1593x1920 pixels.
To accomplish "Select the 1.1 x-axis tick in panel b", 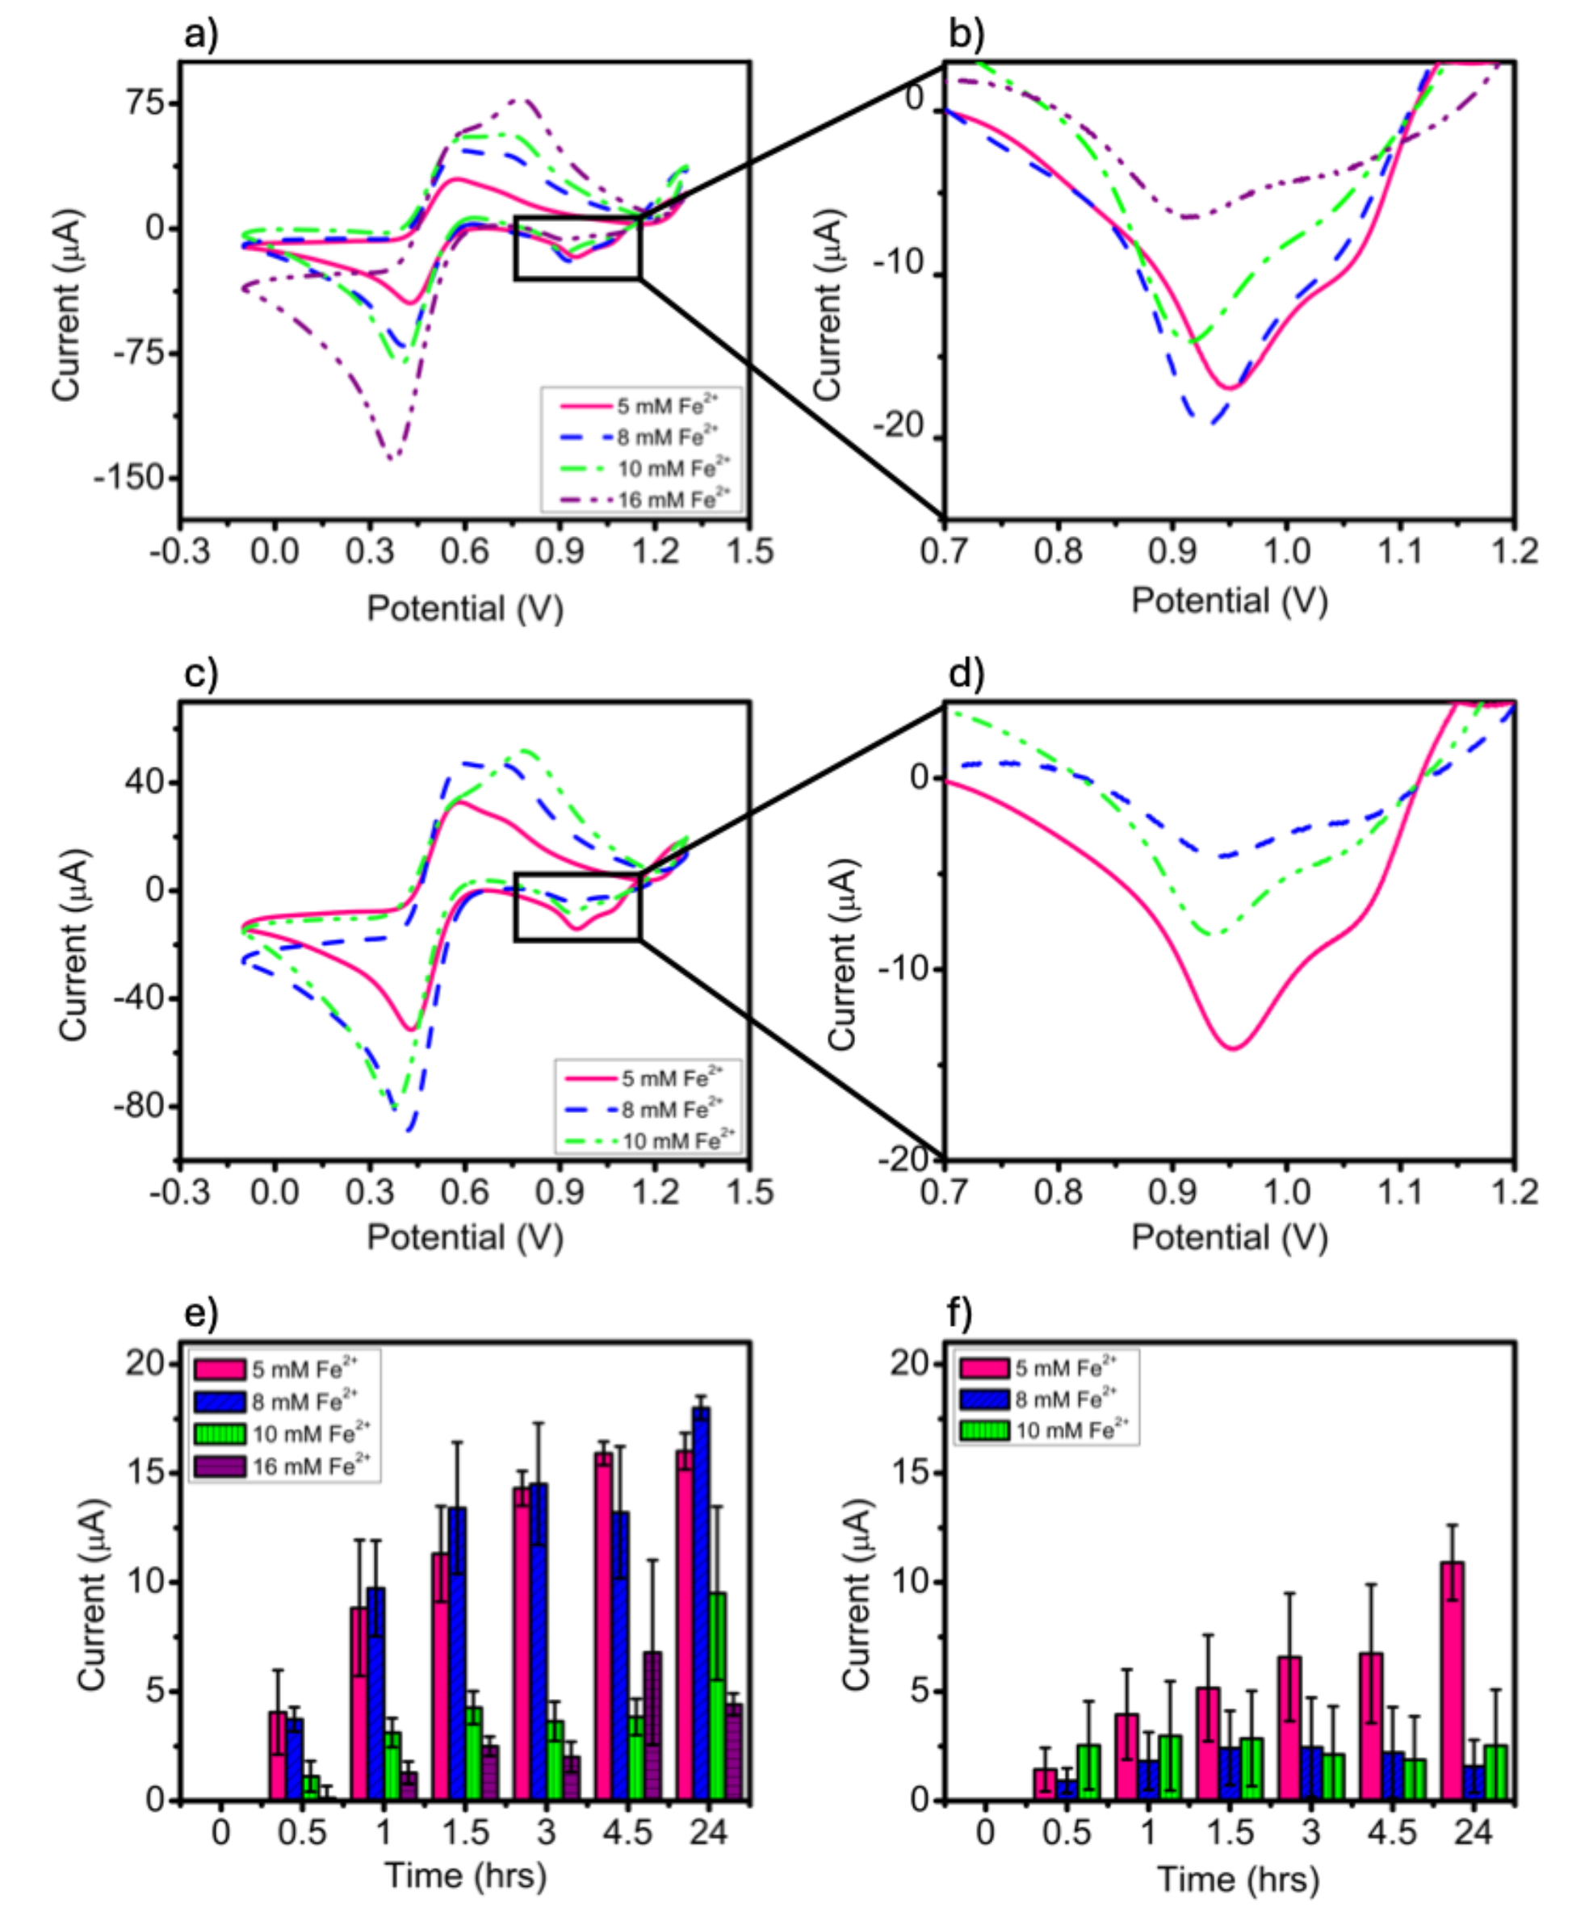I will point(1400,551).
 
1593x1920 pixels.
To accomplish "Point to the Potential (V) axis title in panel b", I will point(1229,600).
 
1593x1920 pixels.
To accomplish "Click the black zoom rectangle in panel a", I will point(578,248).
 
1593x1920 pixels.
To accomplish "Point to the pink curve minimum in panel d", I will point(1233,1048).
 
